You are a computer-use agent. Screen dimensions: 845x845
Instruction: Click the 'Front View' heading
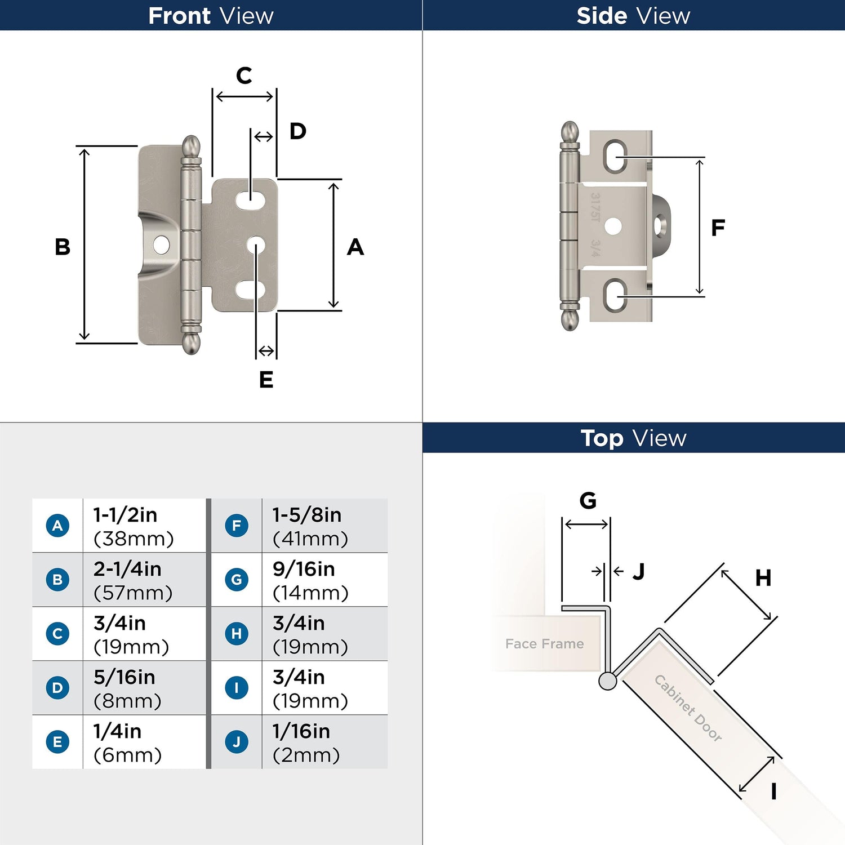pos(211,16)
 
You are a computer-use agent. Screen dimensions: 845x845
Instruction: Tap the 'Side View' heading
pos(633,16)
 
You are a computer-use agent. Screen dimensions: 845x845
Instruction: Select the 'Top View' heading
pos(634,438)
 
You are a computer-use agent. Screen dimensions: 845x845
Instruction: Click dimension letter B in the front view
pos(63,247)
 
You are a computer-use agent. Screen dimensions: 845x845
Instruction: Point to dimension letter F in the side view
pos(718,228)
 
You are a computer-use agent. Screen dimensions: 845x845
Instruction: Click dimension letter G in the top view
pos(588,500)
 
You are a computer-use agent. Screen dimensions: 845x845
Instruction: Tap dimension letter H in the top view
pos(763,577)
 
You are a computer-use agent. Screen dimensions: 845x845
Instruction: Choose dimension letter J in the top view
pos(638,571)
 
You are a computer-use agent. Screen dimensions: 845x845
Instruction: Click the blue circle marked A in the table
pos(57,526)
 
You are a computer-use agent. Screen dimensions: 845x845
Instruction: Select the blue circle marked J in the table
pos(237,742)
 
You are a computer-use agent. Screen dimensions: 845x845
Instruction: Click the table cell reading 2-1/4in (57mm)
pos(144,580)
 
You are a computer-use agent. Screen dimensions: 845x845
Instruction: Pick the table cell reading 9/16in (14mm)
pos(324,580)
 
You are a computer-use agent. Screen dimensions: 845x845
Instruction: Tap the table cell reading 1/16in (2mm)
pos(324,742)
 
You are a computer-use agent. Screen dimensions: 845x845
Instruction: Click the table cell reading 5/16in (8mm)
pos(144,688)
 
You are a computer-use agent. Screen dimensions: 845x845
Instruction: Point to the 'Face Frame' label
pos(544,643)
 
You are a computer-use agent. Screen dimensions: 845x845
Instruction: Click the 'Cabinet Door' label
pos(688,708)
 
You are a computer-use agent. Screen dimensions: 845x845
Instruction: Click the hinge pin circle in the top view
pos(607,681)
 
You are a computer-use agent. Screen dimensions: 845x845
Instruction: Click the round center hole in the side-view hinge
pos(613,226)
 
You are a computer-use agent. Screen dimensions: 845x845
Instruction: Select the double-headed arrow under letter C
pos(244,96)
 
